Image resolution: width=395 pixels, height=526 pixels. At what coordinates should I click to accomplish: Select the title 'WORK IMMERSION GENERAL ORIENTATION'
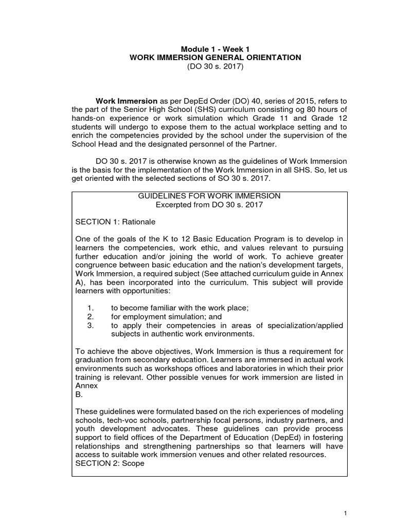point(217,58)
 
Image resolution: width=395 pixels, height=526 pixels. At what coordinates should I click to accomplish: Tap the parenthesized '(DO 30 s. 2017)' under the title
point(217,67)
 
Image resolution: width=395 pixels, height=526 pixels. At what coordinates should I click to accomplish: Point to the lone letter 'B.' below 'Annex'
point(78,396)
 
